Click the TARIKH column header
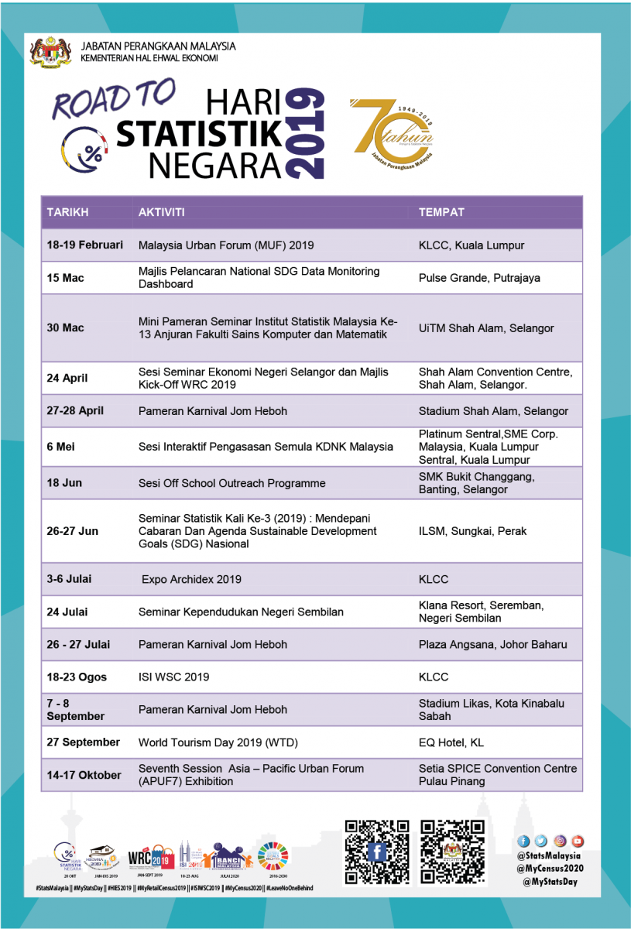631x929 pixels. tap(67, 212)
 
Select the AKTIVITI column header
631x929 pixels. tap(161, 212)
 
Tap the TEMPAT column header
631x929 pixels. tap(441, 212)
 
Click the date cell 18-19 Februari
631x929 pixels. tap(84, 245)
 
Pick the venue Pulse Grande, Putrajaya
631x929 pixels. tap(479, 277)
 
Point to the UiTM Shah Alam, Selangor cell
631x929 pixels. tap(486, 328)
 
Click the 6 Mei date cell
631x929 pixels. tap(60, 447)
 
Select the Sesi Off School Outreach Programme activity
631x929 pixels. tap(231, 483)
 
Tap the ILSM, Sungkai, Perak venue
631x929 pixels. tap(472, 531)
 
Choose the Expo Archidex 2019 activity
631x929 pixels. tap(191, 579)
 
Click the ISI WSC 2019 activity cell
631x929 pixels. tap(173, 677)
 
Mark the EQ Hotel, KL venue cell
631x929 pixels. tap(451, 742)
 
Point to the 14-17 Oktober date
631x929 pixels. tap(84, 775)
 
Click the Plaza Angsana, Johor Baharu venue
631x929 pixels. tap(492, 644)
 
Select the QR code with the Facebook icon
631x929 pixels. tap(377, 852)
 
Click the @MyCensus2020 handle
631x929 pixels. tap(550, 868)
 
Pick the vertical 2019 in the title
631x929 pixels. tap(305, 133)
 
